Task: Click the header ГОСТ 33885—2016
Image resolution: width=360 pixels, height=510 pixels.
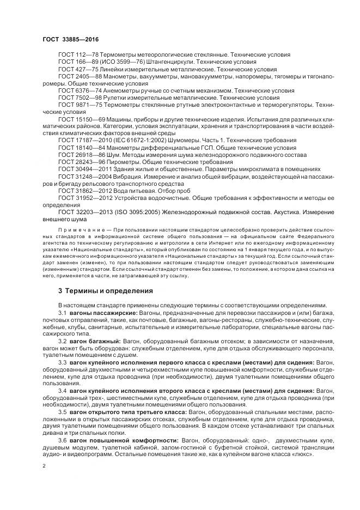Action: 71,39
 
